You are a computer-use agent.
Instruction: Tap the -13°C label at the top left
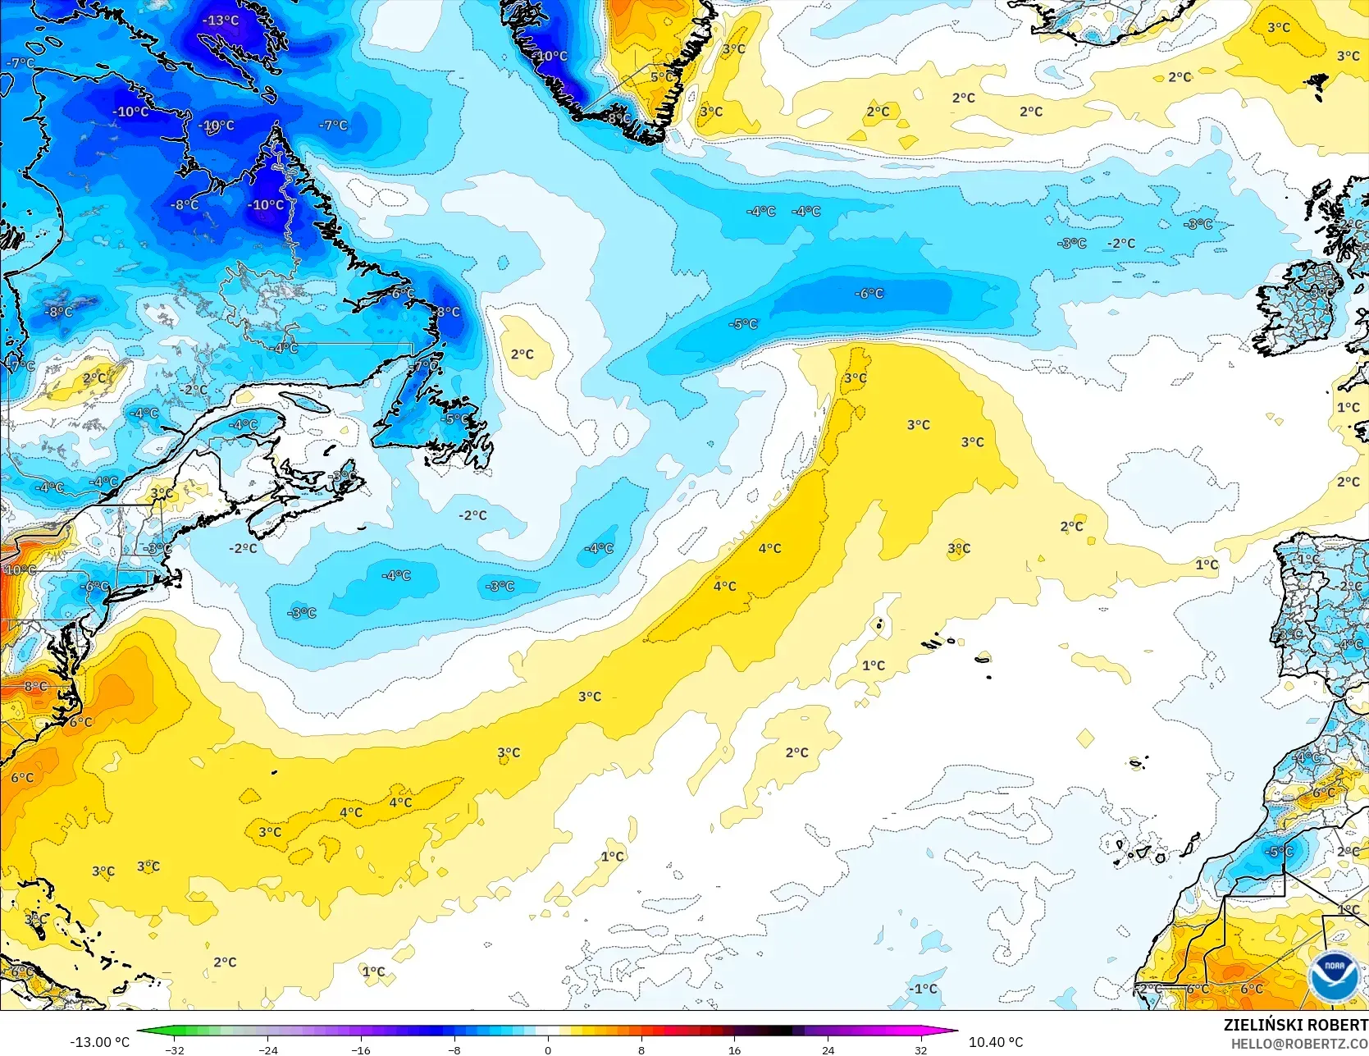[221, 21]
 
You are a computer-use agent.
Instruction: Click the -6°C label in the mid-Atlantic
[869, 294]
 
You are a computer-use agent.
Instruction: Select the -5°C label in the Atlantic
[743, 324]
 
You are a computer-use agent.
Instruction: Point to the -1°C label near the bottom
[923, 989]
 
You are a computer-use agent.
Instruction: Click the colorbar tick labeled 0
[548, 1049]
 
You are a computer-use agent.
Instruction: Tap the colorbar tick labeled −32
[175, 1049]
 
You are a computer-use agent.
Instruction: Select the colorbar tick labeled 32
[921, 1049]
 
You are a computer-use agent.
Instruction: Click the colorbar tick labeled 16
[734, 1049]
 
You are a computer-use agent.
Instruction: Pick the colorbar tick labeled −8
[454, 1049]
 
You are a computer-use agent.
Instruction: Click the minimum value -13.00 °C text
[99, 1042]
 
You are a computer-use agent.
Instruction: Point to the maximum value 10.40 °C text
[996, 1042]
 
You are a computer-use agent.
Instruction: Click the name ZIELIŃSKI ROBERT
[1295, 1025]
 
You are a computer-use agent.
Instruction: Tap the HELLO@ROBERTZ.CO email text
[1299, 1043]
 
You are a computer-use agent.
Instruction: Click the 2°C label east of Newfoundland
[523, 354]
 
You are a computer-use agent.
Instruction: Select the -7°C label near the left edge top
[21, 63]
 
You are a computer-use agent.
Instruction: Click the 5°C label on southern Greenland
[662, 77]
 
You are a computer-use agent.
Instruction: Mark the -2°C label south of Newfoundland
[473, 515]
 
